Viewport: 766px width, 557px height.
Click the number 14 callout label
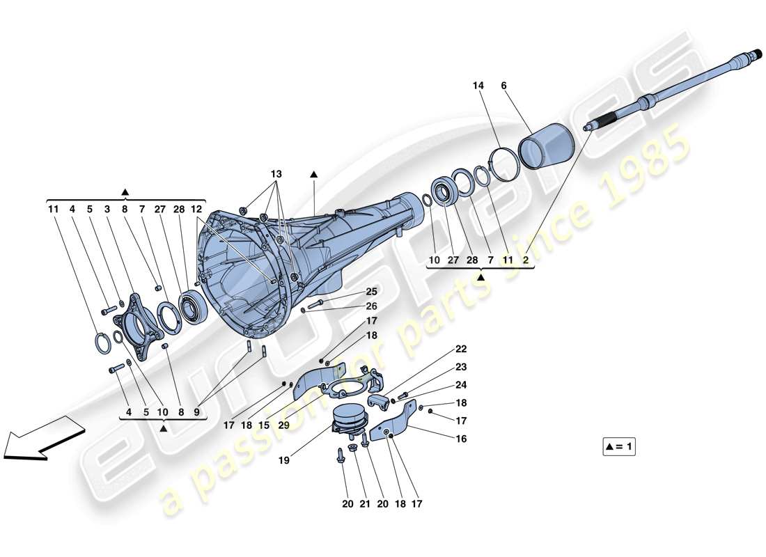[x=477, y=86]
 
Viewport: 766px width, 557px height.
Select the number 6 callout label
[x=503, y=86]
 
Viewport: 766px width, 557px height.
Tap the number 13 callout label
[x=277, y=173]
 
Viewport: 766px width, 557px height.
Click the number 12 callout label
[x=197, y=209]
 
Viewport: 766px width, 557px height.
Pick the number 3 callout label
[x=107, y=209]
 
